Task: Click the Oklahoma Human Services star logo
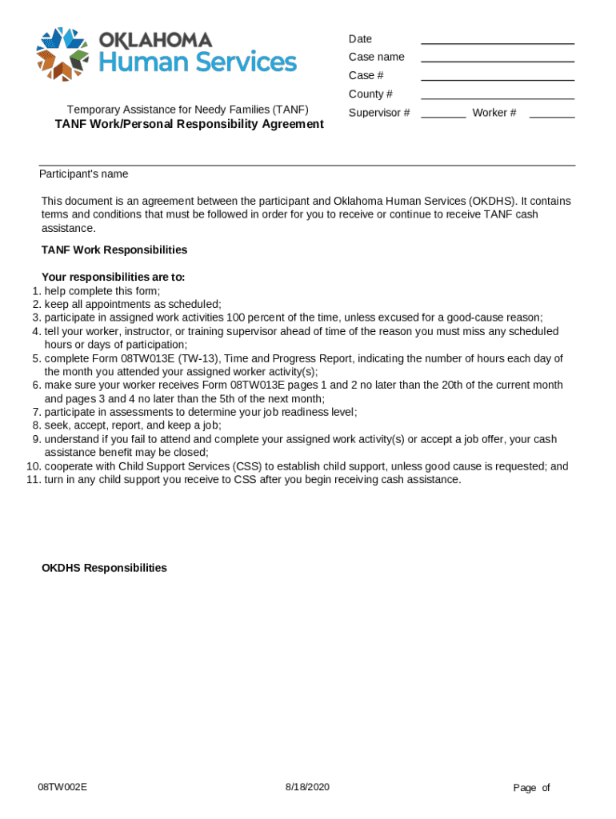coord(62,54)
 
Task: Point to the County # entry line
coord(497,97)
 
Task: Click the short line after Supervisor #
coord(442,115)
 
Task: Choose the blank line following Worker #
coord(551,115)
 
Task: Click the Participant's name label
coord(84,174)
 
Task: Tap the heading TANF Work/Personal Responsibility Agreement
coord(189,124)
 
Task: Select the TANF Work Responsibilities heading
coord(114,250)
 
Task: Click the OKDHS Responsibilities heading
coord(104,568)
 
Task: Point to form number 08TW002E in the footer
coord(62,787)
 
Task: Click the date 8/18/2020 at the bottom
coord(307,787)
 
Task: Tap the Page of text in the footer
coord(531,788)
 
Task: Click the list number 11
coord(33,480)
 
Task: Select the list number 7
coord(37,412)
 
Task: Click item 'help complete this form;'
coord(102,291)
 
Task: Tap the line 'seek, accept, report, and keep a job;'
coord(133,425)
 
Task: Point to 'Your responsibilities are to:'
coord(113,278)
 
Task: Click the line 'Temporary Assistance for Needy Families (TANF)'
coord(187,110)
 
